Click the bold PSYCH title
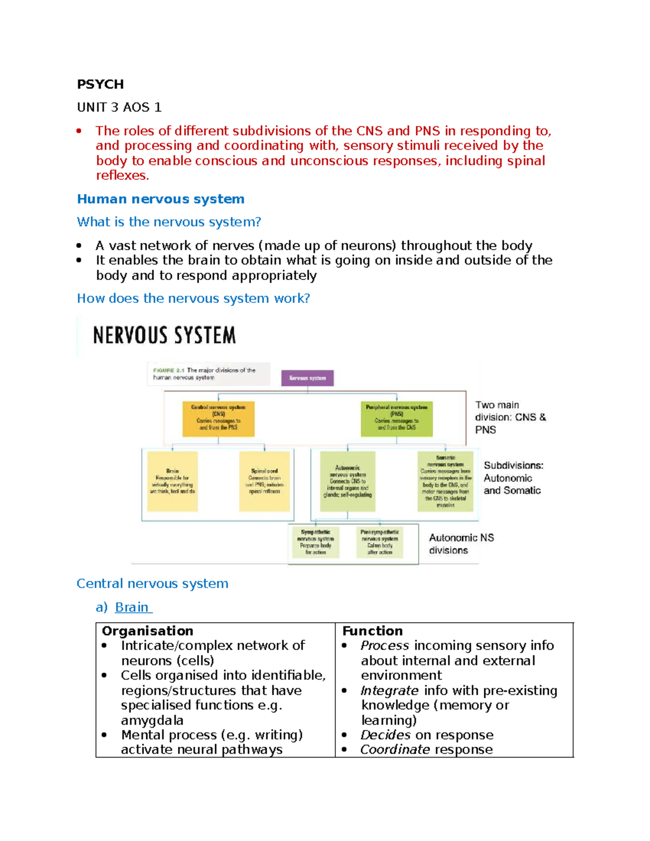point(100,84)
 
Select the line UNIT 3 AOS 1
point(119,107)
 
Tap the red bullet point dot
point(79,131)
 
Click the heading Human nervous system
point(160,199)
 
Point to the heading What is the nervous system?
point(168,222)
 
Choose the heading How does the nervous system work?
point(193,298)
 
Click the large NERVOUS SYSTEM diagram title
point(164,335)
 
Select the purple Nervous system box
point(307,378)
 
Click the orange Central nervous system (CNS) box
point(218,418)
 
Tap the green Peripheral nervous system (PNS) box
point(396,418)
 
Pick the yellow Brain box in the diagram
point(172,481)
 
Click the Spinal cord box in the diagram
point(264,481)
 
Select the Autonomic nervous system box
point(347,481)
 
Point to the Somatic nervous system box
point(445,481)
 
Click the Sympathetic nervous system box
point(315,542)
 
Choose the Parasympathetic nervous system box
point(380,542)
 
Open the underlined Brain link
point(132,607)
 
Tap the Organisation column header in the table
point(147,631)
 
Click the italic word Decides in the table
point(385,735)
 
